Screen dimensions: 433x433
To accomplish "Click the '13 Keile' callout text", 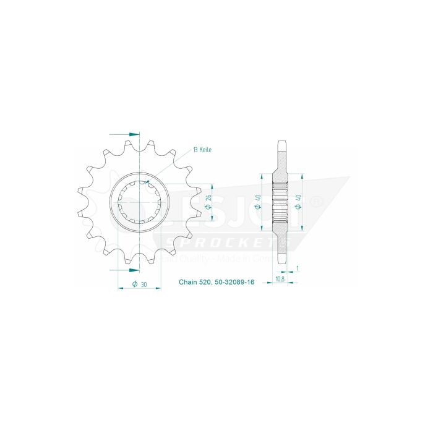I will point(204,150).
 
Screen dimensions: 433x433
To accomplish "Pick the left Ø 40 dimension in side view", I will point(257,202).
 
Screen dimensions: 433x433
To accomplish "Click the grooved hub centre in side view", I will point(281,202).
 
